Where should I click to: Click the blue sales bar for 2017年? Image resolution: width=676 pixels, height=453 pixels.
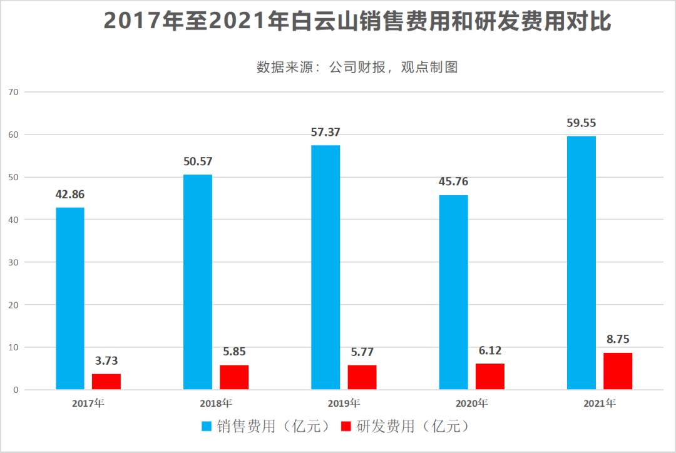(70, 298)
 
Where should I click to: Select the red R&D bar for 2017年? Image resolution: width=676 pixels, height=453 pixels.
(106, 382)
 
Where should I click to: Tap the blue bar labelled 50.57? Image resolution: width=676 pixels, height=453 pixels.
(198, 282)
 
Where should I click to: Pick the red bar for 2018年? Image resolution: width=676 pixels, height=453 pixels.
(234, 377)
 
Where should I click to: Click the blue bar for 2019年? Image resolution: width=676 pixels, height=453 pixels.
(325, 267)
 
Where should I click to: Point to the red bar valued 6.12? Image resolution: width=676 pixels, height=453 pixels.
(490, 377)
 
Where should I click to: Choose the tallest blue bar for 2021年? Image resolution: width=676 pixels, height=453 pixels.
(581, 263)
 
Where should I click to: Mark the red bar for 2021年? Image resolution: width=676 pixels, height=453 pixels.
(618, 371)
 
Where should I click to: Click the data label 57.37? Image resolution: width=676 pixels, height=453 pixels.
(325, 132)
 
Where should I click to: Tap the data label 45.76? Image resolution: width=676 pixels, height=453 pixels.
(453, 182)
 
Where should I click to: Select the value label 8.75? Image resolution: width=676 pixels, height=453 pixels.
(618, 339)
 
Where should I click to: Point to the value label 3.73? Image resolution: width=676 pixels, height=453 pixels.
(106, 360)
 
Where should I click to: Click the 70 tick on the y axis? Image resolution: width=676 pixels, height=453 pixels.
(14, 92)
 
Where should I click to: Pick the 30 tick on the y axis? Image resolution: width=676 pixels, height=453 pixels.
(14, 262)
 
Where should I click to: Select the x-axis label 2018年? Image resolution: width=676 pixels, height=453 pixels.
(216, 404)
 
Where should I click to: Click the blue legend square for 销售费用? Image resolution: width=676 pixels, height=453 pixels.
(207, 427)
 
